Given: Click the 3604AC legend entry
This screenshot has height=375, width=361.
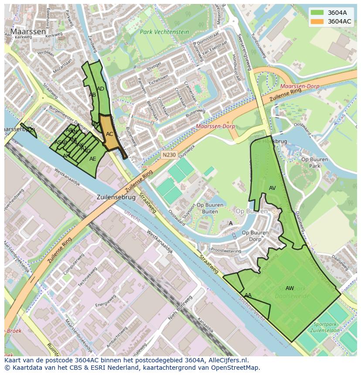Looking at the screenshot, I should pos(339,21).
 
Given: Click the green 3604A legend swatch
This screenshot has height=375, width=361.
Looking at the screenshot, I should pos(317,13).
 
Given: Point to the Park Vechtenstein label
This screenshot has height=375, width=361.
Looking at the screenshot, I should pos(164,32).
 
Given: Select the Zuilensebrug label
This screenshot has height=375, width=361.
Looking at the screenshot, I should pos(116,197).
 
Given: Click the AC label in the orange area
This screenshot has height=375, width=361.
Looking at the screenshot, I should pos(109,134).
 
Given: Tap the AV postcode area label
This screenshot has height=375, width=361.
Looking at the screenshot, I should pos(272,188).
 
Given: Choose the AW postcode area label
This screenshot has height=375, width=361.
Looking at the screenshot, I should pos(289,288).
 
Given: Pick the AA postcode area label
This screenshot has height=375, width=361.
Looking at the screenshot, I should pos(248,295).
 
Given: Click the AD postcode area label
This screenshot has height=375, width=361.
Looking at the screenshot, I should pos(100,89).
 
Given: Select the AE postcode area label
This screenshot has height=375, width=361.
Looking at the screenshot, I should pos(92,159).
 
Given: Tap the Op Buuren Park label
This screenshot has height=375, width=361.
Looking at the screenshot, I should pos(314,162).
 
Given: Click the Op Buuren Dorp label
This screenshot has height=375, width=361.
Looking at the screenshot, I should pos(255,236).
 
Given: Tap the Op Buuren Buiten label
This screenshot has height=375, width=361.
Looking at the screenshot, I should pos(207,208).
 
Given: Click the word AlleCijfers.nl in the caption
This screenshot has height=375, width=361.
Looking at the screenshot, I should pos(226,360).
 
